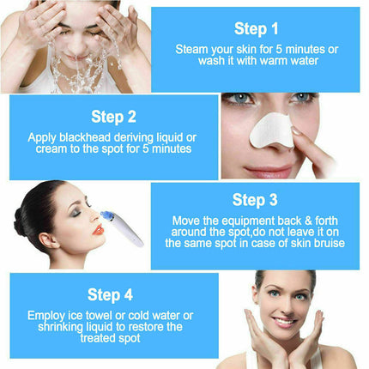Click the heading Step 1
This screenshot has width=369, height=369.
(x=256, y=29)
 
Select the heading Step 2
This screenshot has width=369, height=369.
(x=113, y=117)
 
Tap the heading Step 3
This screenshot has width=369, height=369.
(x=255, y=200)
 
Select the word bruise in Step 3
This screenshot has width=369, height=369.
(x=324, y=243)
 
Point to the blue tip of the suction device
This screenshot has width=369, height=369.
(x=107, y=216)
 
